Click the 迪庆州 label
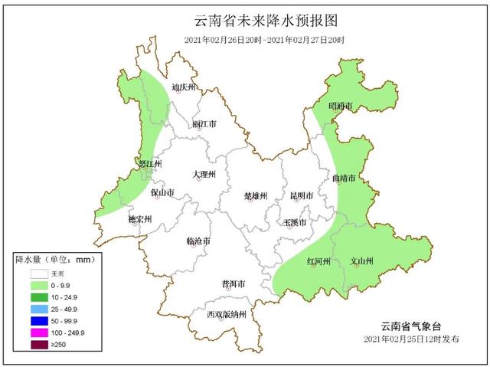pyautogui.click(x=185, y=87)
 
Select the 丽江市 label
pyautogui.click(x=204, y=124)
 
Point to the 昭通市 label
pyautogui.click(x=340, y=105)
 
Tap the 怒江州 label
pyautogui.click(x=149, y=164)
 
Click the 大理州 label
pyautogui.click(x=204, y=175)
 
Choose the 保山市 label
pyautogui.click(x=163, y=192)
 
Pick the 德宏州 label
pyautogui.click(x=140, y=218)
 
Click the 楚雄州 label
pyautogui.click(x=255, y=196)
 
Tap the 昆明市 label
pyautogui.click(x=302, y=196)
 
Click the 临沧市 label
pyautogui.click(x=198, y=241)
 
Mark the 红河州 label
pyautogui.click(x=318, y=261)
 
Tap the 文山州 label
pyautogui.click(x=361, y=261)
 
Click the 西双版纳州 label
pyautogui.click(x=227, y=315)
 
